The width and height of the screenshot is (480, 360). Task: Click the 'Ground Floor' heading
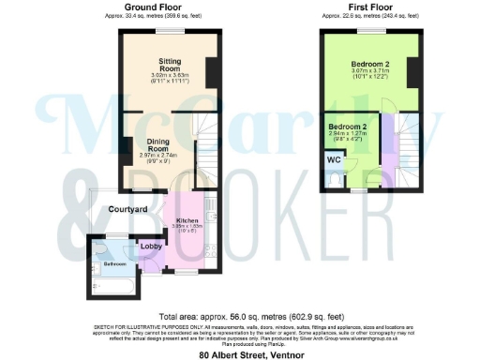click(155, 7)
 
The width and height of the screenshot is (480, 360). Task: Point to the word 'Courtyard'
click(128, 209)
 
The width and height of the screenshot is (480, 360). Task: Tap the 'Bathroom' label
click(115, 263)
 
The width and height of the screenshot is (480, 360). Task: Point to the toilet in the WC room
click(336, 176)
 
